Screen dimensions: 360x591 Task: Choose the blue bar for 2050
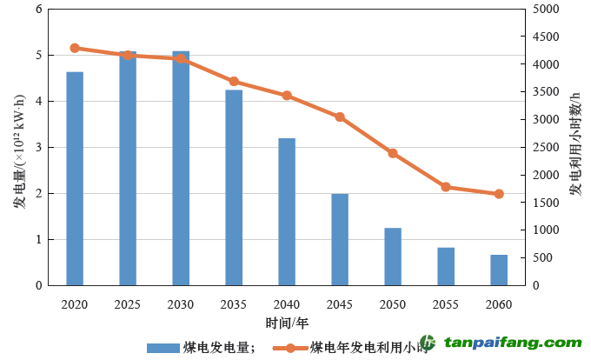pos(393,257)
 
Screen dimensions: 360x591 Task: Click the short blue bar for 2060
pos(499,270)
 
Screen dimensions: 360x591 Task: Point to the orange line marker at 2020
pos(75,48)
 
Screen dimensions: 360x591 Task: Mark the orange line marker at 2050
pos(393,153)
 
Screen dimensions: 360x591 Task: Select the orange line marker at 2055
pos(446,187)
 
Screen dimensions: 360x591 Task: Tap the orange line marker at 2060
pos(499,194)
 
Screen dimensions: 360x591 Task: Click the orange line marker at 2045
pos(340,117)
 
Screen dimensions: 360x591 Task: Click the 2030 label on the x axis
pos(181,303)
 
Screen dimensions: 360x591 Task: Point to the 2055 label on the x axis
pos(446,303)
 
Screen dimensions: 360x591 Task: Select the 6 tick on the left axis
pos(38,10)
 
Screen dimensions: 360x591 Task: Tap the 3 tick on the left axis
pos(38,148)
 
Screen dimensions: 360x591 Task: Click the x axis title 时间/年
pos(287,323)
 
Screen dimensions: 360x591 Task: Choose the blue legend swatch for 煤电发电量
pos(163,347)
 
